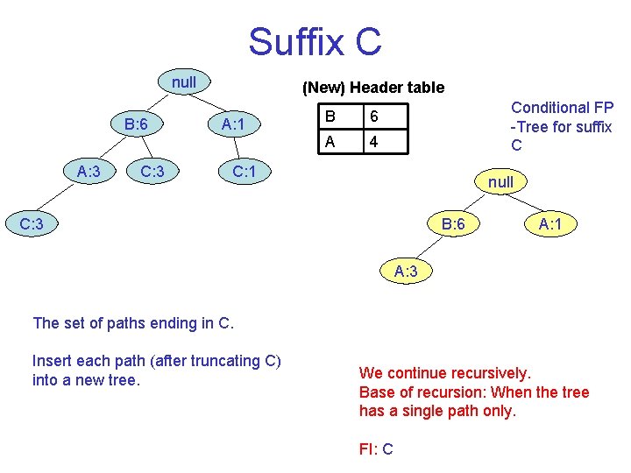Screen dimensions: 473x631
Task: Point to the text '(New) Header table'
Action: click(x=372, y=88)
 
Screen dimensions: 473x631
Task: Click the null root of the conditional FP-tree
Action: click(x=500, y=183)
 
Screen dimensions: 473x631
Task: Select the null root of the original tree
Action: click(x=184, y=82)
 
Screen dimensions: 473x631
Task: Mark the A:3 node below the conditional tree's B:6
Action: click(x=406, y=272)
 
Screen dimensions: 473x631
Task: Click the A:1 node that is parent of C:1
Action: click(x=232, y=124)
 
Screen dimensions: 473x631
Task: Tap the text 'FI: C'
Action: click(x=376, y=449)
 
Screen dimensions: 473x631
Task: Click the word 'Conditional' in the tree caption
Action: click(x=550, y=108)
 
